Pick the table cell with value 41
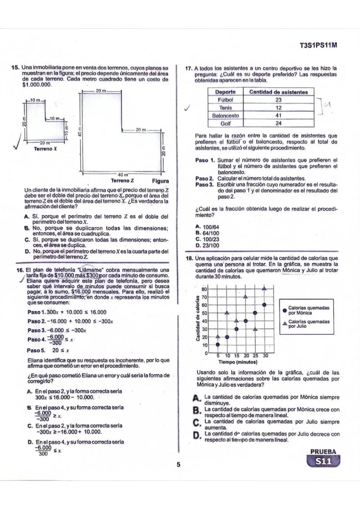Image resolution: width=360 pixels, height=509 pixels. (279, 116)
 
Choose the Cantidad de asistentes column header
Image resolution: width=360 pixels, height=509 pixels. (279, 92)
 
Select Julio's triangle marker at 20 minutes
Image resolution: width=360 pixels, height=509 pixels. (246, 296)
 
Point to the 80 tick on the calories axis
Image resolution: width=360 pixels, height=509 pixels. (204, 289)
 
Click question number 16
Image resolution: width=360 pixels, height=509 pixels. (19, 269)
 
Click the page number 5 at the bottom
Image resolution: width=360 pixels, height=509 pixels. (178, 465)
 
